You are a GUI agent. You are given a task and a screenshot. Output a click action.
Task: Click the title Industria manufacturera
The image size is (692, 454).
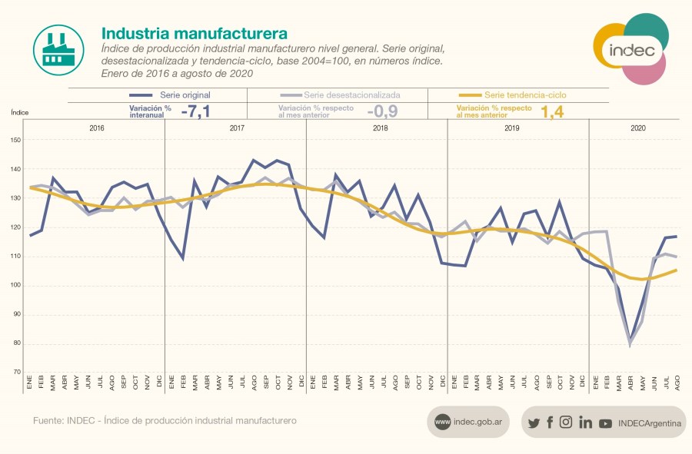pyautogui.click(x=195, y=34)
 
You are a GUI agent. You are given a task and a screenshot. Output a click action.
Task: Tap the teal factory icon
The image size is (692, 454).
pyautogui.click(x=59, y=50)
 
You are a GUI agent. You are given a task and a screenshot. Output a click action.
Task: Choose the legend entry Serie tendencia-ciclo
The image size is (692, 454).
pyautogui.click(x=525, y=95)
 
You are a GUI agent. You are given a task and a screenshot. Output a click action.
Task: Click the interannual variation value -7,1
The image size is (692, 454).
pyautogui.click(x=195, y=111)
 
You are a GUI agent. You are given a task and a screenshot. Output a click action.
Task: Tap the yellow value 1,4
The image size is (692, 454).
pyautogui.click(x=553, y=111)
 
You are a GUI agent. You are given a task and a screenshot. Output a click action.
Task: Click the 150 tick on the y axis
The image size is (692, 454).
pyautogui.click(x=17, y=140)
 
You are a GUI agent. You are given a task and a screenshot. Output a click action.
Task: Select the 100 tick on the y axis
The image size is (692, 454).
pyautogui.click(x=17, y=286)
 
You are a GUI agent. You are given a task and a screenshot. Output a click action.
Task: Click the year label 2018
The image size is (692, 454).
pyautogui.click(x=380, y=128)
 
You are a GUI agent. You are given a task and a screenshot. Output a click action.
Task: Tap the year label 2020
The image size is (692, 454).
pyautogui.click(x=638, y=128)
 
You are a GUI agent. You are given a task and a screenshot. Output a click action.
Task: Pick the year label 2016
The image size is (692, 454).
pyautogui.click(x=97, y=128)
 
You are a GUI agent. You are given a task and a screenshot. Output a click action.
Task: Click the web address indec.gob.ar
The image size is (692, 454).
pyautogui.click(x=477, y=422)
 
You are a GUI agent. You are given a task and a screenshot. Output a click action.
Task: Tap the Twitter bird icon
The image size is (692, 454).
pyautogui.click(x=534, y=423)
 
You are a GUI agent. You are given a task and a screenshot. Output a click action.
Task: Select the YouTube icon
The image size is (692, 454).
pyautogui.click(x=605, y=423)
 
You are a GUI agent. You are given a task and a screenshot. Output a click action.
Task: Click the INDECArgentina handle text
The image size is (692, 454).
pyautogui.click(x=649, y=423)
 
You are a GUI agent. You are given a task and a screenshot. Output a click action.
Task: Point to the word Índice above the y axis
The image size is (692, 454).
pyautogui.click(x=20, y=112)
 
